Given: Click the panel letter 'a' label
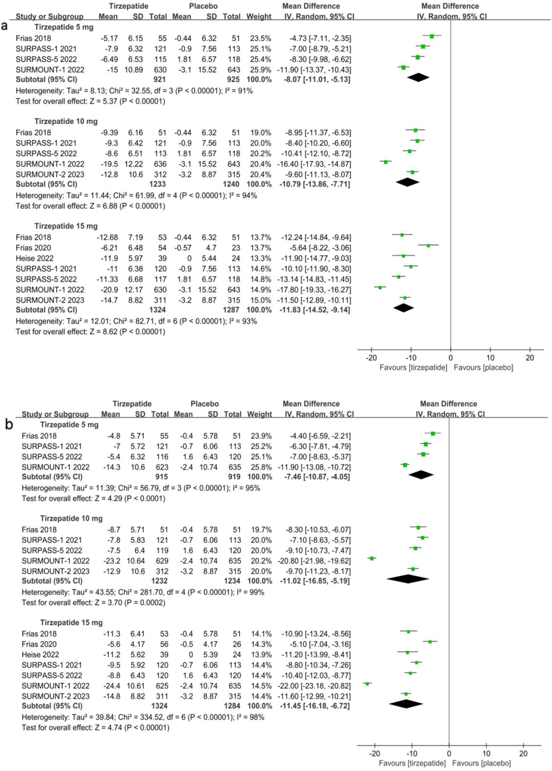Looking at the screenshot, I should [x=4, y=26].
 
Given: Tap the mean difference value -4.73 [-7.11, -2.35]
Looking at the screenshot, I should [x=316, y=38].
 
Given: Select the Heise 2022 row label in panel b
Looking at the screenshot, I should [x=40, y=655].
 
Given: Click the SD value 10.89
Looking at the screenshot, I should [x=134, y=70].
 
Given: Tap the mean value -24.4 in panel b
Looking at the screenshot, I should [x=112, y=686].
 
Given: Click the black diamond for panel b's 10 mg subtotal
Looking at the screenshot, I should [x=408, y=579].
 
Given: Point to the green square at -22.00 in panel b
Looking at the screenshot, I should [x=367, y=683].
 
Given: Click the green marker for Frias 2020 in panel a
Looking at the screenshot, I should [x=428, y=245].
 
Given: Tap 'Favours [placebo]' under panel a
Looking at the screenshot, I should [x=483, y=368].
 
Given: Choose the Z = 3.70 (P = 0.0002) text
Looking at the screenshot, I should [x=93, y=603].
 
